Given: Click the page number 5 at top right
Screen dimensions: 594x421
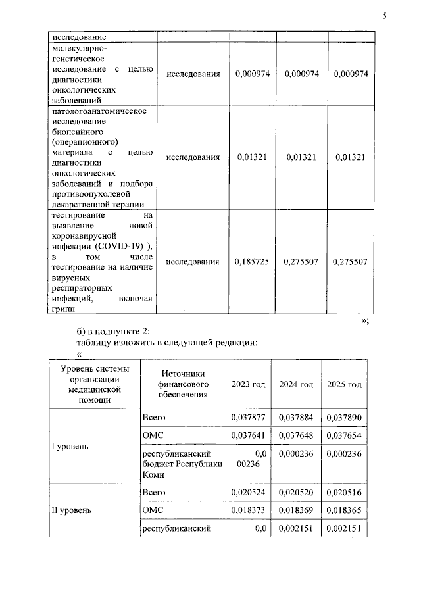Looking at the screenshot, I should pos(385,16).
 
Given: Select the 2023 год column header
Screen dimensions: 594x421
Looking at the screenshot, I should pos(248,384).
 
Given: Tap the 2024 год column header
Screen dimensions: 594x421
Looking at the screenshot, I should pos(296,384).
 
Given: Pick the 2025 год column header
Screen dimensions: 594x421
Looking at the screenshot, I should pos(345,384).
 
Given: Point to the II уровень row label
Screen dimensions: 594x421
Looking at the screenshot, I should pos(72,510).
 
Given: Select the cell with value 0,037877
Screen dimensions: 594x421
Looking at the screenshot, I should pos(248,417).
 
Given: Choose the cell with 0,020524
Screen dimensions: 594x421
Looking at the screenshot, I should pos(248,493).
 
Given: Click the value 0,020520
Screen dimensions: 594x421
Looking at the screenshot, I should pos(297,493).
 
